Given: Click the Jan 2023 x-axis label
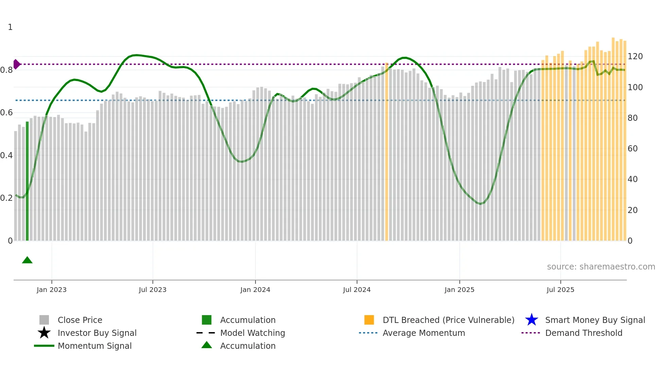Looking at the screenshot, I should click(x=52, y=290).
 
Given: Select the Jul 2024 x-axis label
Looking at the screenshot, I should click(x=357, y=290).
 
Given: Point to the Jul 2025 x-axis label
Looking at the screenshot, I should click(x=560, y=290).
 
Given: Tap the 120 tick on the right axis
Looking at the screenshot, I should click(x=635, y=56).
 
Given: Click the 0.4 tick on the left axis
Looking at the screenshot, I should click(x=6, y=156).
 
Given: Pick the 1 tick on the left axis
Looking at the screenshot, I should click(x=10, y=27).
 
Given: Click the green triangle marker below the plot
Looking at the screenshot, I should click(x=27, y=260).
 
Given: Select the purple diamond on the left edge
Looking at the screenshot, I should click(x=16, y=64).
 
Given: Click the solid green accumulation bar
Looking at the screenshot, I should click(x=27, y=180).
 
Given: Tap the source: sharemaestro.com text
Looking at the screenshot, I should click(x=601, y=267).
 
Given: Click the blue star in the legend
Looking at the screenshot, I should click(x=531, y=320).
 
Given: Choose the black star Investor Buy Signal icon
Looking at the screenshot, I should click(x=44, y=333).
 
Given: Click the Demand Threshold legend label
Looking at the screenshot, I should click(x=583, y=333).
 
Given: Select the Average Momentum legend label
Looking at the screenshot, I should click(x=424, y=333).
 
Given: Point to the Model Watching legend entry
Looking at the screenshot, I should click(x=252, y=333).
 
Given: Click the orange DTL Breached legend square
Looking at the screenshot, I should click(x=369, y=320).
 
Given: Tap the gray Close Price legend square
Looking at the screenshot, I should click(x=44, y=320).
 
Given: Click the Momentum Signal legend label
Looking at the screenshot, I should click(x=94, y=346).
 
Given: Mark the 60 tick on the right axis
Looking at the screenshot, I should click(x=632, y=149).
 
